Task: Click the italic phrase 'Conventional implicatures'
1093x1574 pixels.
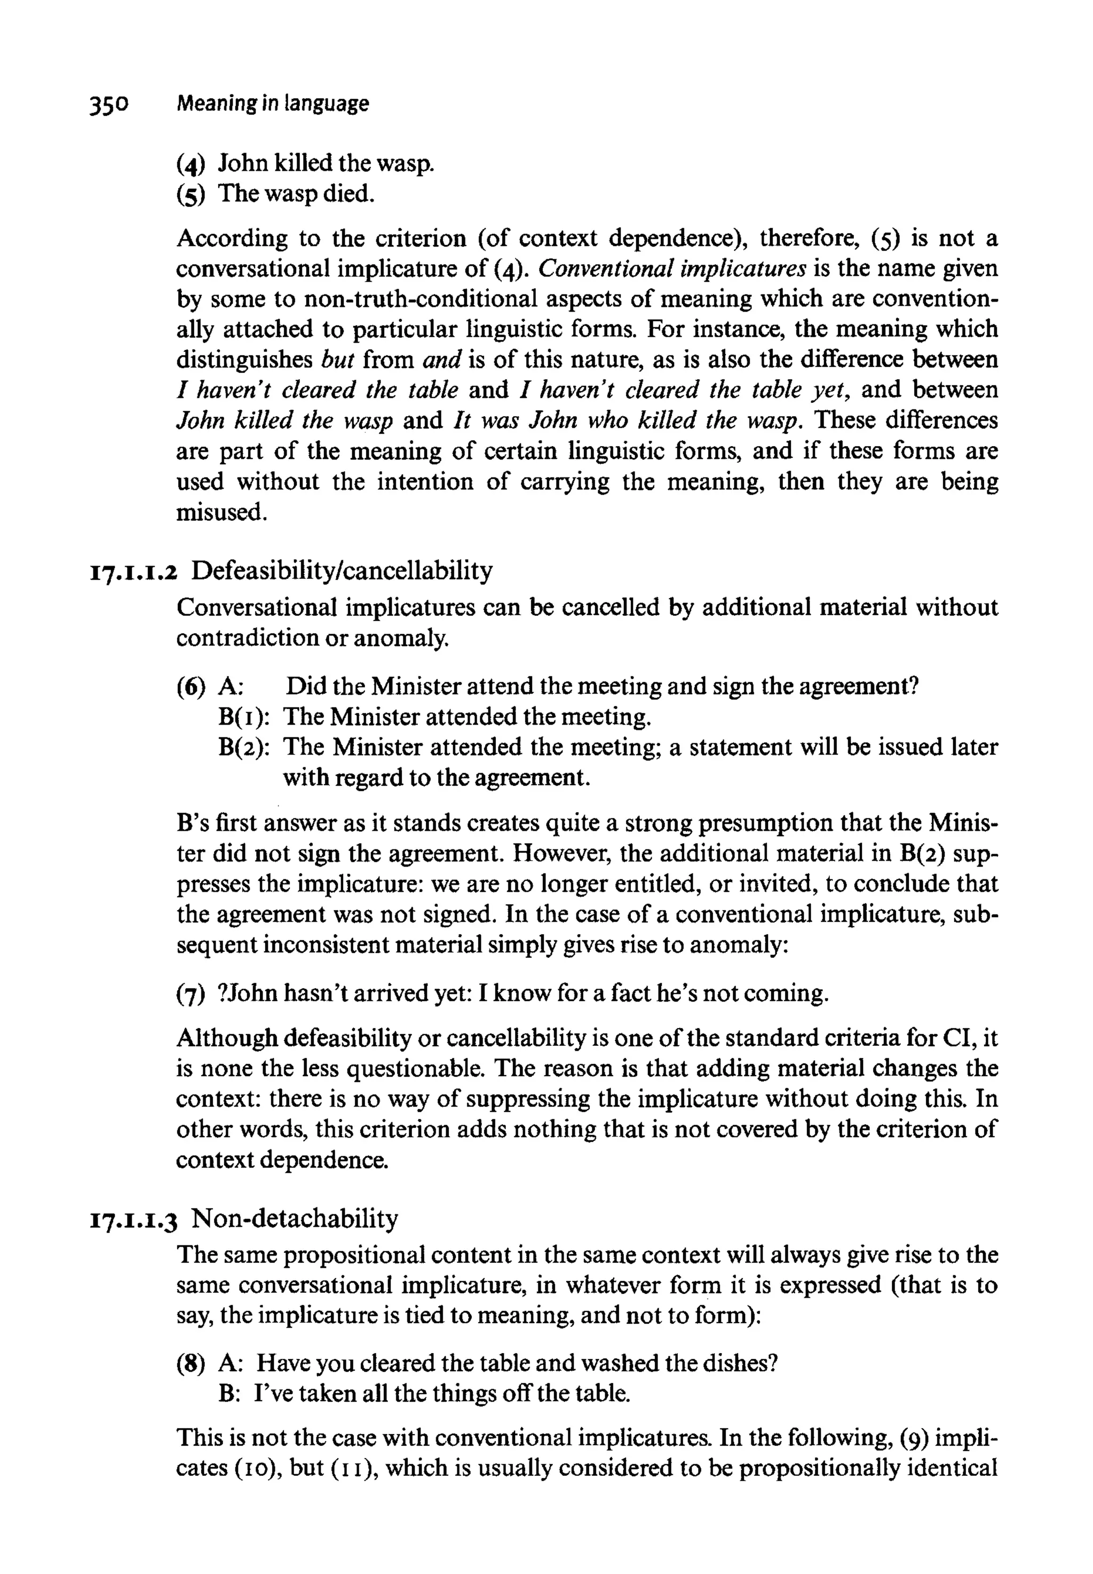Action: coord(672,268)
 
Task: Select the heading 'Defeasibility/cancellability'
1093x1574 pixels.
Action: coord(341,570)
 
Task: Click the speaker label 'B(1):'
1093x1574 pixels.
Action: coord(243,717)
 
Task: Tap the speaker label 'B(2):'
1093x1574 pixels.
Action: coord(243,747)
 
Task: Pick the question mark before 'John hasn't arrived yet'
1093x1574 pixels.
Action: coord(221,993)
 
